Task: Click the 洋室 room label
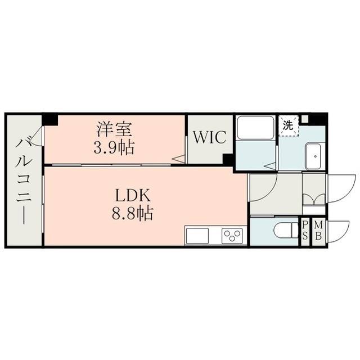coord(114,129)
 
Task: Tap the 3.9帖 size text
coord(114,147)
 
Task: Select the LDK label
coord(133,196)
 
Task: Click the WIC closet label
coord(210,137)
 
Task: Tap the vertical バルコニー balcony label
coord(24,181)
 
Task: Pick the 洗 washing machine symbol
coord(289,125)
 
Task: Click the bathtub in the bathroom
coord(255,128)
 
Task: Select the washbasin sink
coord(314,156)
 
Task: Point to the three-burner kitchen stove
coord(232,236)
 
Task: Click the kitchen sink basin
coord(197,236)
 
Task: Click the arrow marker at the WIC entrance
coord(178,159)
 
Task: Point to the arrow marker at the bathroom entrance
coord(270,166)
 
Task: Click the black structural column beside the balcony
coord(51,119)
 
